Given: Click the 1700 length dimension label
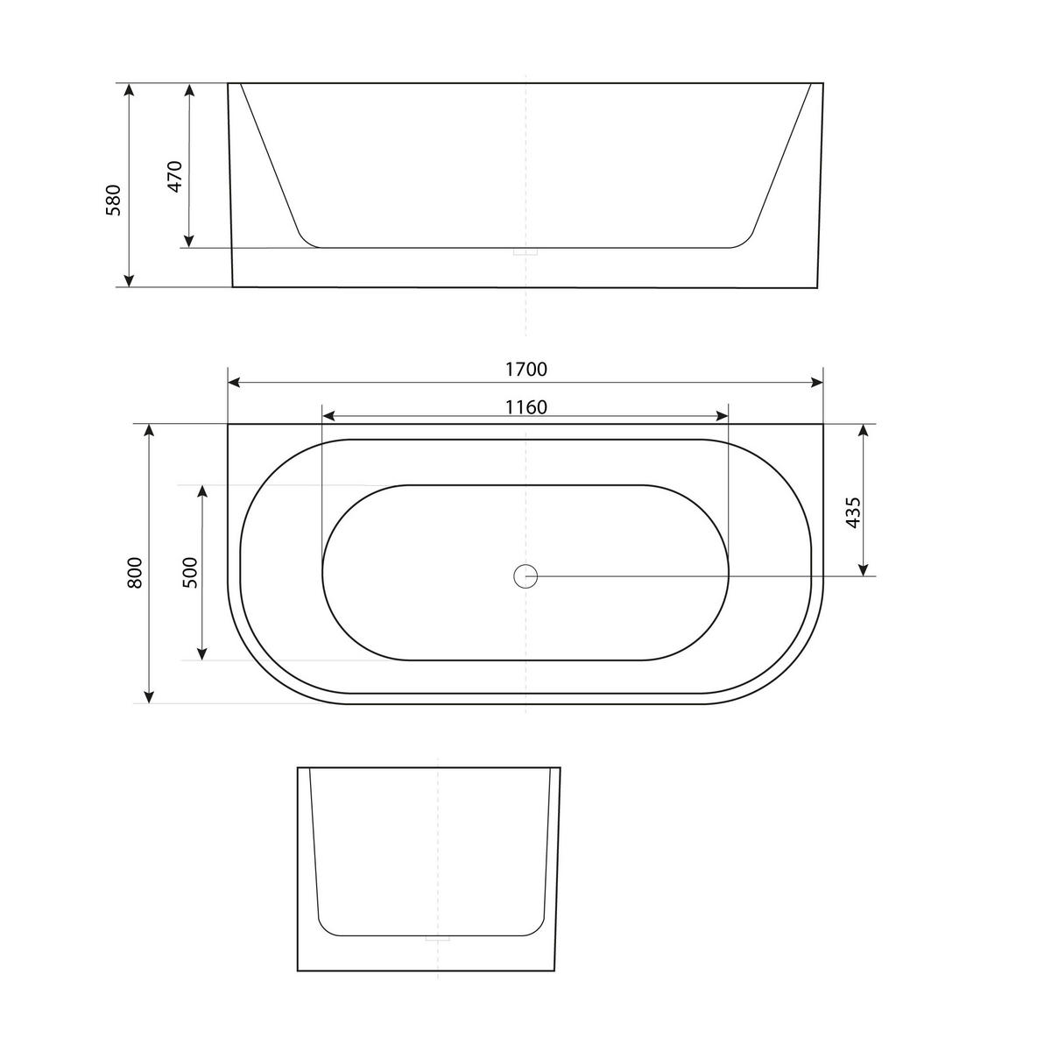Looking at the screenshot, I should [525, 370].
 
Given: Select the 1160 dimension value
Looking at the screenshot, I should [525, 407].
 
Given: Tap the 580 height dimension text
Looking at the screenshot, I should [114, 201].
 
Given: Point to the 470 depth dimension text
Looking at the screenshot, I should [175, 177].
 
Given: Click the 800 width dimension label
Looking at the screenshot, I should [135, 572].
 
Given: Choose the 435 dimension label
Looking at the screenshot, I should [854, 513].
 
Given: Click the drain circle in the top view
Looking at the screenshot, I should [525, 575].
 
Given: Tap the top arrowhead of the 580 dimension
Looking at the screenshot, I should [129, 89].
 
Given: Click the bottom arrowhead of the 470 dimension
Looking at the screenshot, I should [188, 241].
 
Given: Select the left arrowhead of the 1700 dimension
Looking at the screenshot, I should [234, 382].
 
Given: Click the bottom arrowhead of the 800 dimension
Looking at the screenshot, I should [150, 697].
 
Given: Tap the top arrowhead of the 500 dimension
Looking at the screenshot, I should [202, 491].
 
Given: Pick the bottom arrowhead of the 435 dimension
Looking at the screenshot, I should [864, 569].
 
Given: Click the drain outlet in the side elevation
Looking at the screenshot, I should [525, 252].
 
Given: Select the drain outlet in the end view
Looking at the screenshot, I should [436, 939].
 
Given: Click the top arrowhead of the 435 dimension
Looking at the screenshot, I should [864, 430].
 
